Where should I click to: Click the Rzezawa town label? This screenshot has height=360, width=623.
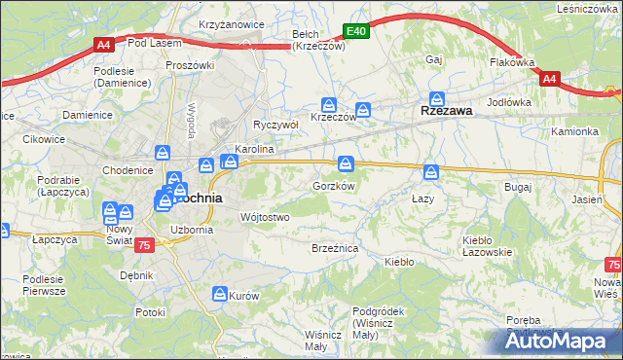point(446,111)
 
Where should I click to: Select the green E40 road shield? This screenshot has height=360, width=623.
point(356,32)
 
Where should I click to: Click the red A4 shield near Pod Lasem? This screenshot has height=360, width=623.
point(103,44)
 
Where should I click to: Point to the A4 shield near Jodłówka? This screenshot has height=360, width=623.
point(549,79)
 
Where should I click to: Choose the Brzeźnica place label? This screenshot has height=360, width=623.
point(335,249)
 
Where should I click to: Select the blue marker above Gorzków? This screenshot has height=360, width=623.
point(346,162)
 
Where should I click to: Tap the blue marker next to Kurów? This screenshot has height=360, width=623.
point(221,293)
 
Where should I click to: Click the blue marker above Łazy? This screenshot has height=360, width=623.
point(431,172)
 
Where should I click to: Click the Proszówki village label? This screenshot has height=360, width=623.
point(190,65)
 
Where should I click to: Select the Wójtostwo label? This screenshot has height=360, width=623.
point(264,217)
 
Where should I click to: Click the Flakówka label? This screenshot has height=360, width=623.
point(512,62)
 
